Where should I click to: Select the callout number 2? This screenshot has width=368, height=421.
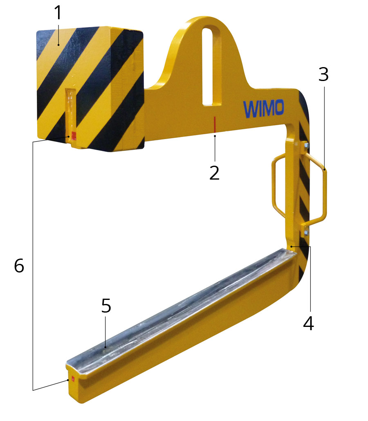click(214, 173)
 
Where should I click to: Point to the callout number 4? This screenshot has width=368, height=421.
click(308, 323)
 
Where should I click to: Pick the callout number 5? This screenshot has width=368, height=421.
click(106, 306)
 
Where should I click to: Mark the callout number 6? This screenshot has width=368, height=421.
click(19, 266)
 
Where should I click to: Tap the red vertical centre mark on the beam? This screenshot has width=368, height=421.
click(214, 124)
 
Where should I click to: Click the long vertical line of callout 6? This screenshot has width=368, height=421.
click(33, 266)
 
